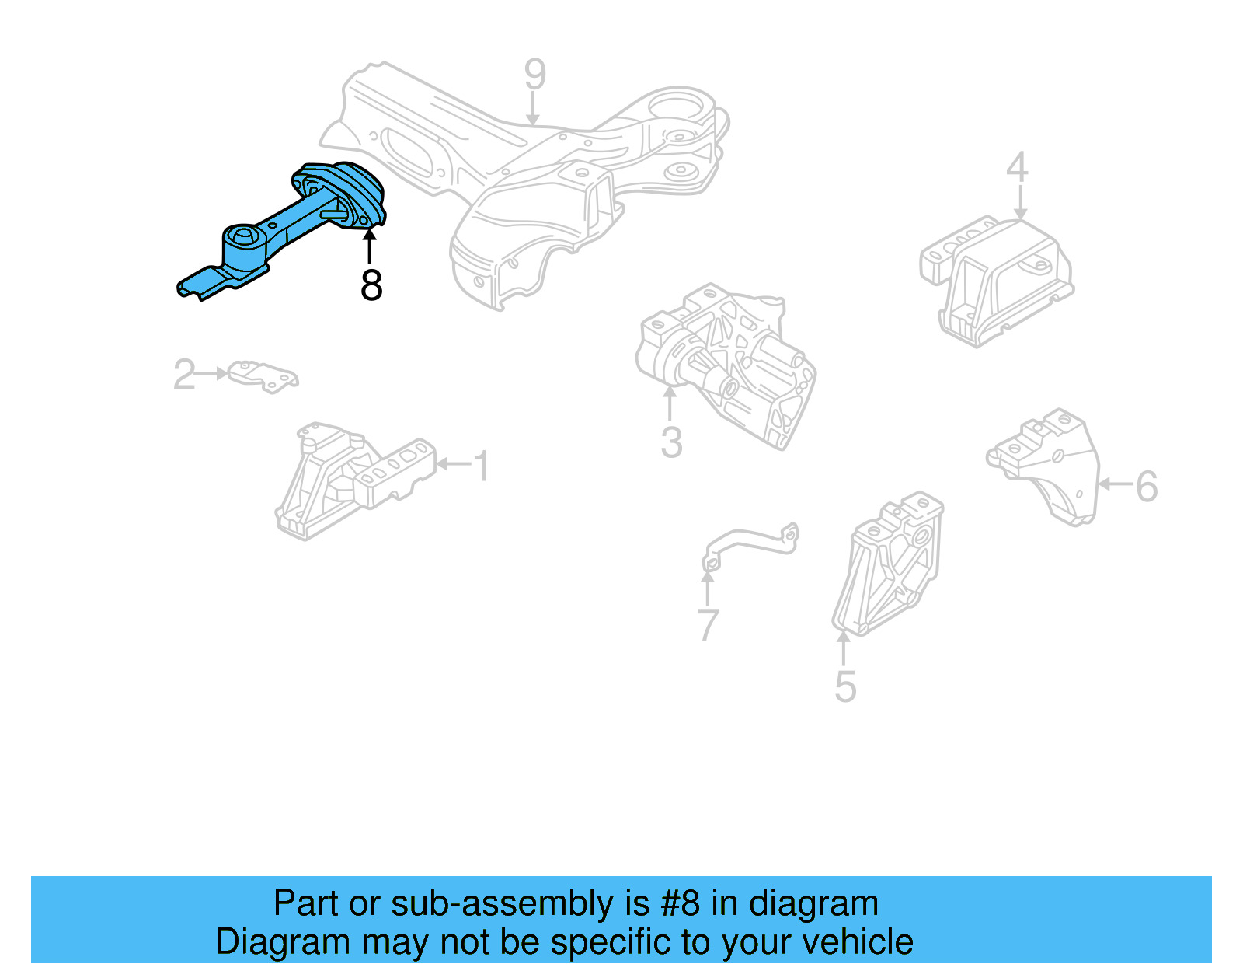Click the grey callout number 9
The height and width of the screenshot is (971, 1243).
click(x=534, y=75)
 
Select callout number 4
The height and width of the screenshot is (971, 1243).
click(x=1017, y=167)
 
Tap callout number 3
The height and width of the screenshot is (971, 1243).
click(x=671, y=442)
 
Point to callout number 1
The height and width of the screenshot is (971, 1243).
click(x=482, y=466)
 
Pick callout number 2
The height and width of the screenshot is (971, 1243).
click(x=184, y=375)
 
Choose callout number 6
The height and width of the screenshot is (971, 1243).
click(x=1146, y=486)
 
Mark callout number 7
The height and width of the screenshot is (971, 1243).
click(x=708, y=624)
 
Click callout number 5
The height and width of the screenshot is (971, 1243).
click(x=845, y=687)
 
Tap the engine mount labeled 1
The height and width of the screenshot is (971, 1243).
click(x=350, y=478)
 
